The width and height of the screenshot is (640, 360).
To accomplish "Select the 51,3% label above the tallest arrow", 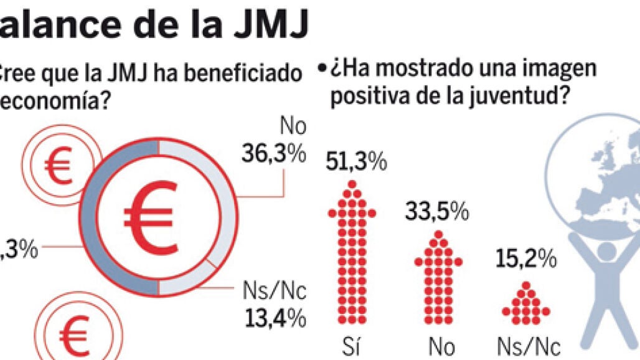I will [356, 164].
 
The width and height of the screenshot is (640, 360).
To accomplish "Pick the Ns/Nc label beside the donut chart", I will [273, 291].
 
